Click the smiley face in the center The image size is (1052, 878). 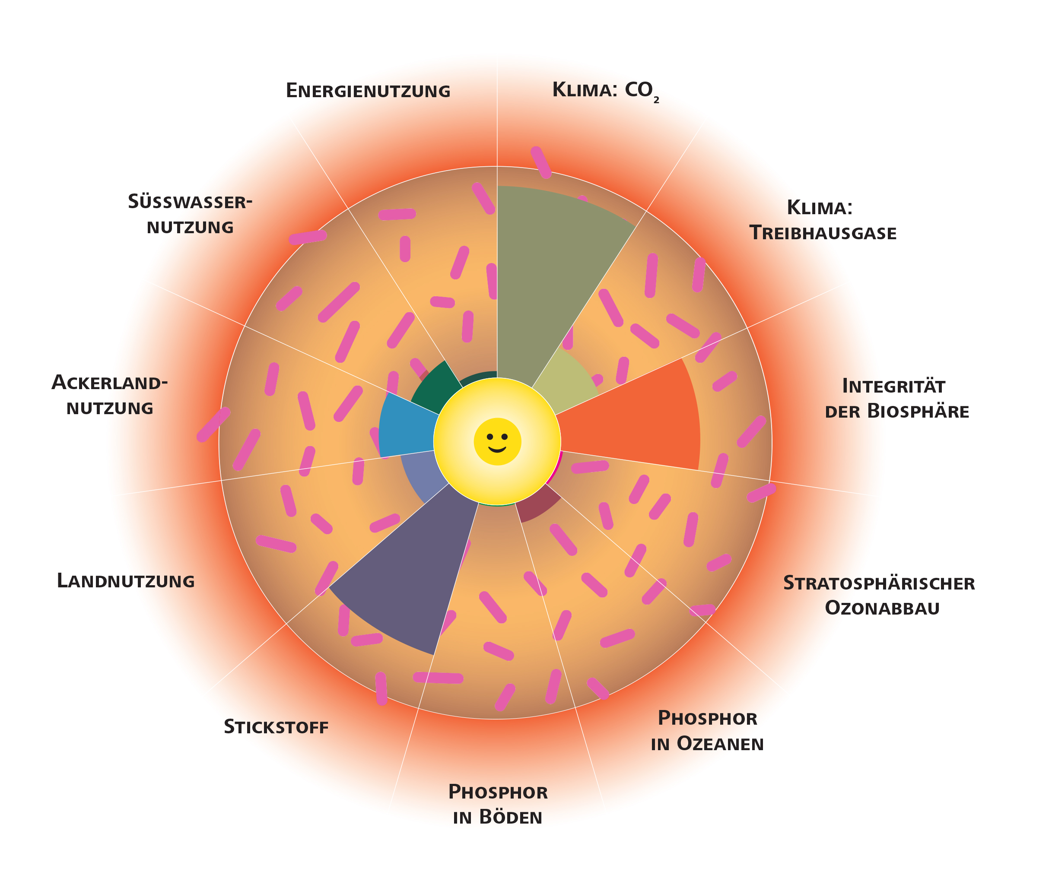click(497, 441)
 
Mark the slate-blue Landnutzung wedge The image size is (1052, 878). click(421, 476)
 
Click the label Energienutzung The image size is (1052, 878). click(368, 91)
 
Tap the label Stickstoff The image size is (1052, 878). click(276, 727)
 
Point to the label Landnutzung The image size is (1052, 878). click(126, 581)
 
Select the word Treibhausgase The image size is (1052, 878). click(823, 233)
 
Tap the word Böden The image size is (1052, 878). click(511, 818)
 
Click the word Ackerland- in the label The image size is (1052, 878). click(109, 383)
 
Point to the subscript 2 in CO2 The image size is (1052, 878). click(656, 100)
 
